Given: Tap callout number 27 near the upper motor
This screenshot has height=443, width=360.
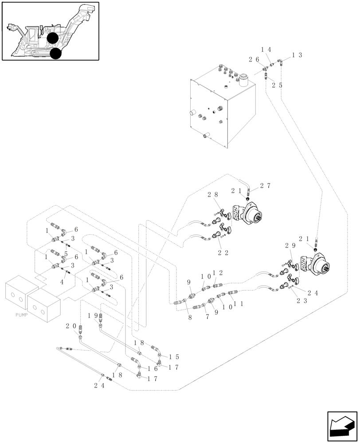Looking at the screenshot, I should (266, 186).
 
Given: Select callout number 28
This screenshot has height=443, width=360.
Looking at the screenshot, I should (212, 195).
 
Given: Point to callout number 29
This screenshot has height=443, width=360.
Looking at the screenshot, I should (290, 245).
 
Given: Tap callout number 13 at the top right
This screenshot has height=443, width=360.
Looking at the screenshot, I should (297, 55).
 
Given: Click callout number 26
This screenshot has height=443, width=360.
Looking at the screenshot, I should (254, 59).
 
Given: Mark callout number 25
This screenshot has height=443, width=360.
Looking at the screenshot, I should (277, 85).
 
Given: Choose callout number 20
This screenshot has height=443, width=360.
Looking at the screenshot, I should (71, 326).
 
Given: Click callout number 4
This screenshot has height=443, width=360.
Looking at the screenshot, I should (62, 282).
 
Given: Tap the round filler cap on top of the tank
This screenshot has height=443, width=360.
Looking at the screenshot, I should (244, 78).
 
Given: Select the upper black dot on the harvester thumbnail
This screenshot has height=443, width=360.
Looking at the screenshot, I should (53, 39).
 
